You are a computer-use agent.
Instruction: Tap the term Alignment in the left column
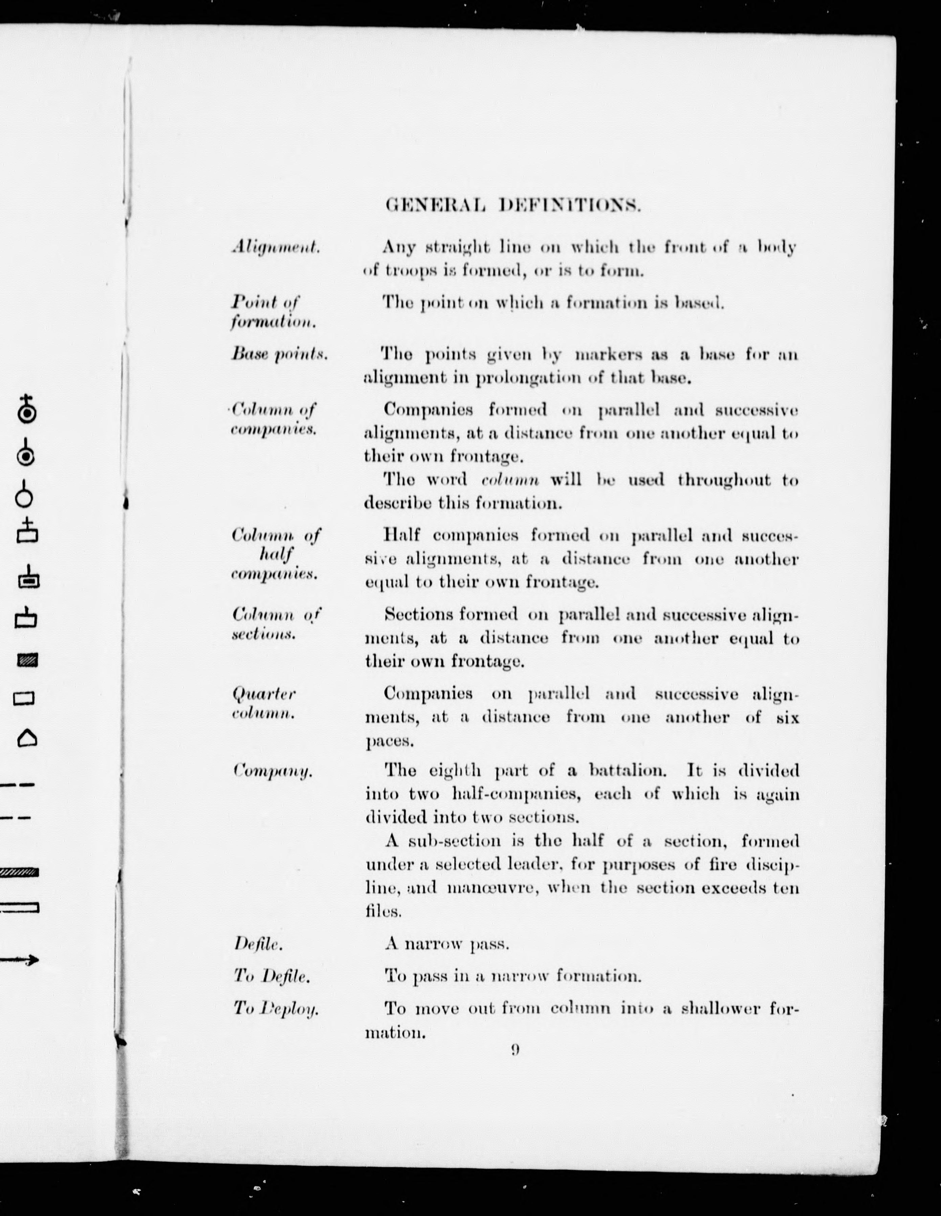[276, 247]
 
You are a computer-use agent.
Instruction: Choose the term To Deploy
[276, 1008]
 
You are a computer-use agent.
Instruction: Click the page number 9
[515, 1049]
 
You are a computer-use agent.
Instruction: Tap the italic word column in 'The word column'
[510, 479]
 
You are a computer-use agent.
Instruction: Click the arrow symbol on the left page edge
[20, 959]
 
